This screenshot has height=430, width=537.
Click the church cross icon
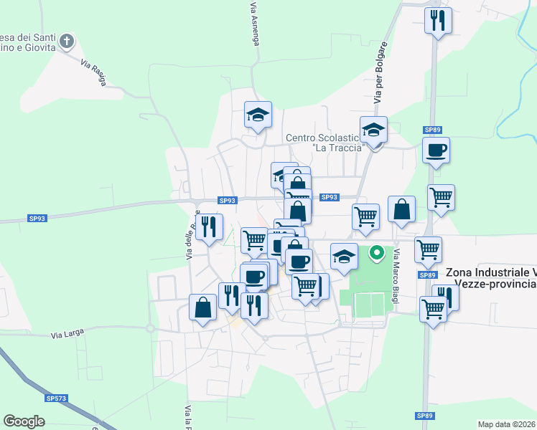(x=67, y=41)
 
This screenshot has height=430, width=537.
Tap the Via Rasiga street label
(x=93, y=72)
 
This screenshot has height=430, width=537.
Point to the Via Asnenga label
(x=254, y=24)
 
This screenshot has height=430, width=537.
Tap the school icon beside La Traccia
(x=373, y=131)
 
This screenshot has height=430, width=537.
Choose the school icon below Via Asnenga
(x=258, y=115)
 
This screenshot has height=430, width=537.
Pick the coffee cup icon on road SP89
(x=436, y=150)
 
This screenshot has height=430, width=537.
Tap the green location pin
(x=375, y=253)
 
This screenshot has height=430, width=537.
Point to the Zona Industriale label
(x=491, y=278)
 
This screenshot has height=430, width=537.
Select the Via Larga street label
(x=67, y=334)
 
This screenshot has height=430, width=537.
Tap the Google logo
(x=24, y=421)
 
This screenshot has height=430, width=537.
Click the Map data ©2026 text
(x=507, y=424)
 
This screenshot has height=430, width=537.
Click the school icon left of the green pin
(x=344, y=256)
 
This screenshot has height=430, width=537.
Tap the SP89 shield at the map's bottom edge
(x=424, y=416)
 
